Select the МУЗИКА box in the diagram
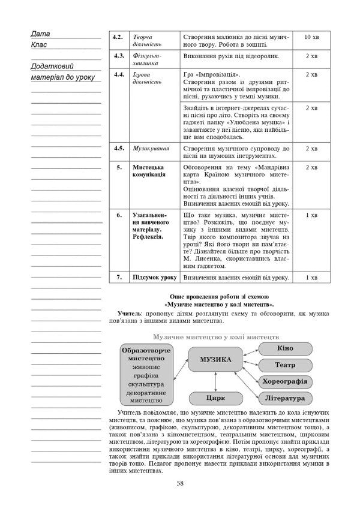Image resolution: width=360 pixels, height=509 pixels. [x=214, y=360]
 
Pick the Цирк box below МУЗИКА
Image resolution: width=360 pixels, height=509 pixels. [x=214, y=397]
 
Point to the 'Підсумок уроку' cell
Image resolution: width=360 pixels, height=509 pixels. [x=154, y=278]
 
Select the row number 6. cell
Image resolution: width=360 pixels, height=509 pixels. [x=119, y=215]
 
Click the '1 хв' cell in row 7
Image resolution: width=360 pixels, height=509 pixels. [x=311, y=278]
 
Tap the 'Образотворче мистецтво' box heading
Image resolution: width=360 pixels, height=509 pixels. [x=146, y=354]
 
